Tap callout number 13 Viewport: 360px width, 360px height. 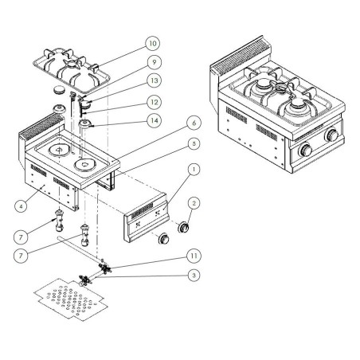153,81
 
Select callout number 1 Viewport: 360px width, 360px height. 192,170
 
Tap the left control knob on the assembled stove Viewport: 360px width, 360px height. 305,151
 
